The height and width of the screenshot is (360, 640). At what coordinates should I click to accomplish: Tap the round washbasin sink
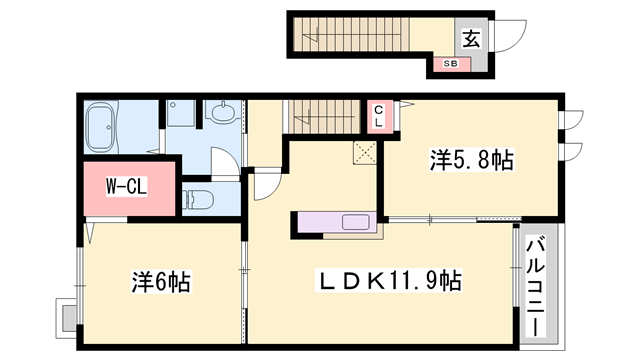pyautogui.click(x=223, y=113)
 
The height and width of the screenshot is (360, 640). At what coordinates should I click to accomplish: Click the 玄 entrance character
pyautogui.click(x=471, y=39)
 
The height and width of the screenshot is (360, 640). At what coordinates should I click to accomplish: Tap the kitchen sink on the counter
pyautogui.click(x=356, y=222)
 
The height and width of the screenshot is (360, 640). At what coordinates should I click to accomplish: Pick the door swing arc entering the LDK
pyautogui.click(x=266, y=186)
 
